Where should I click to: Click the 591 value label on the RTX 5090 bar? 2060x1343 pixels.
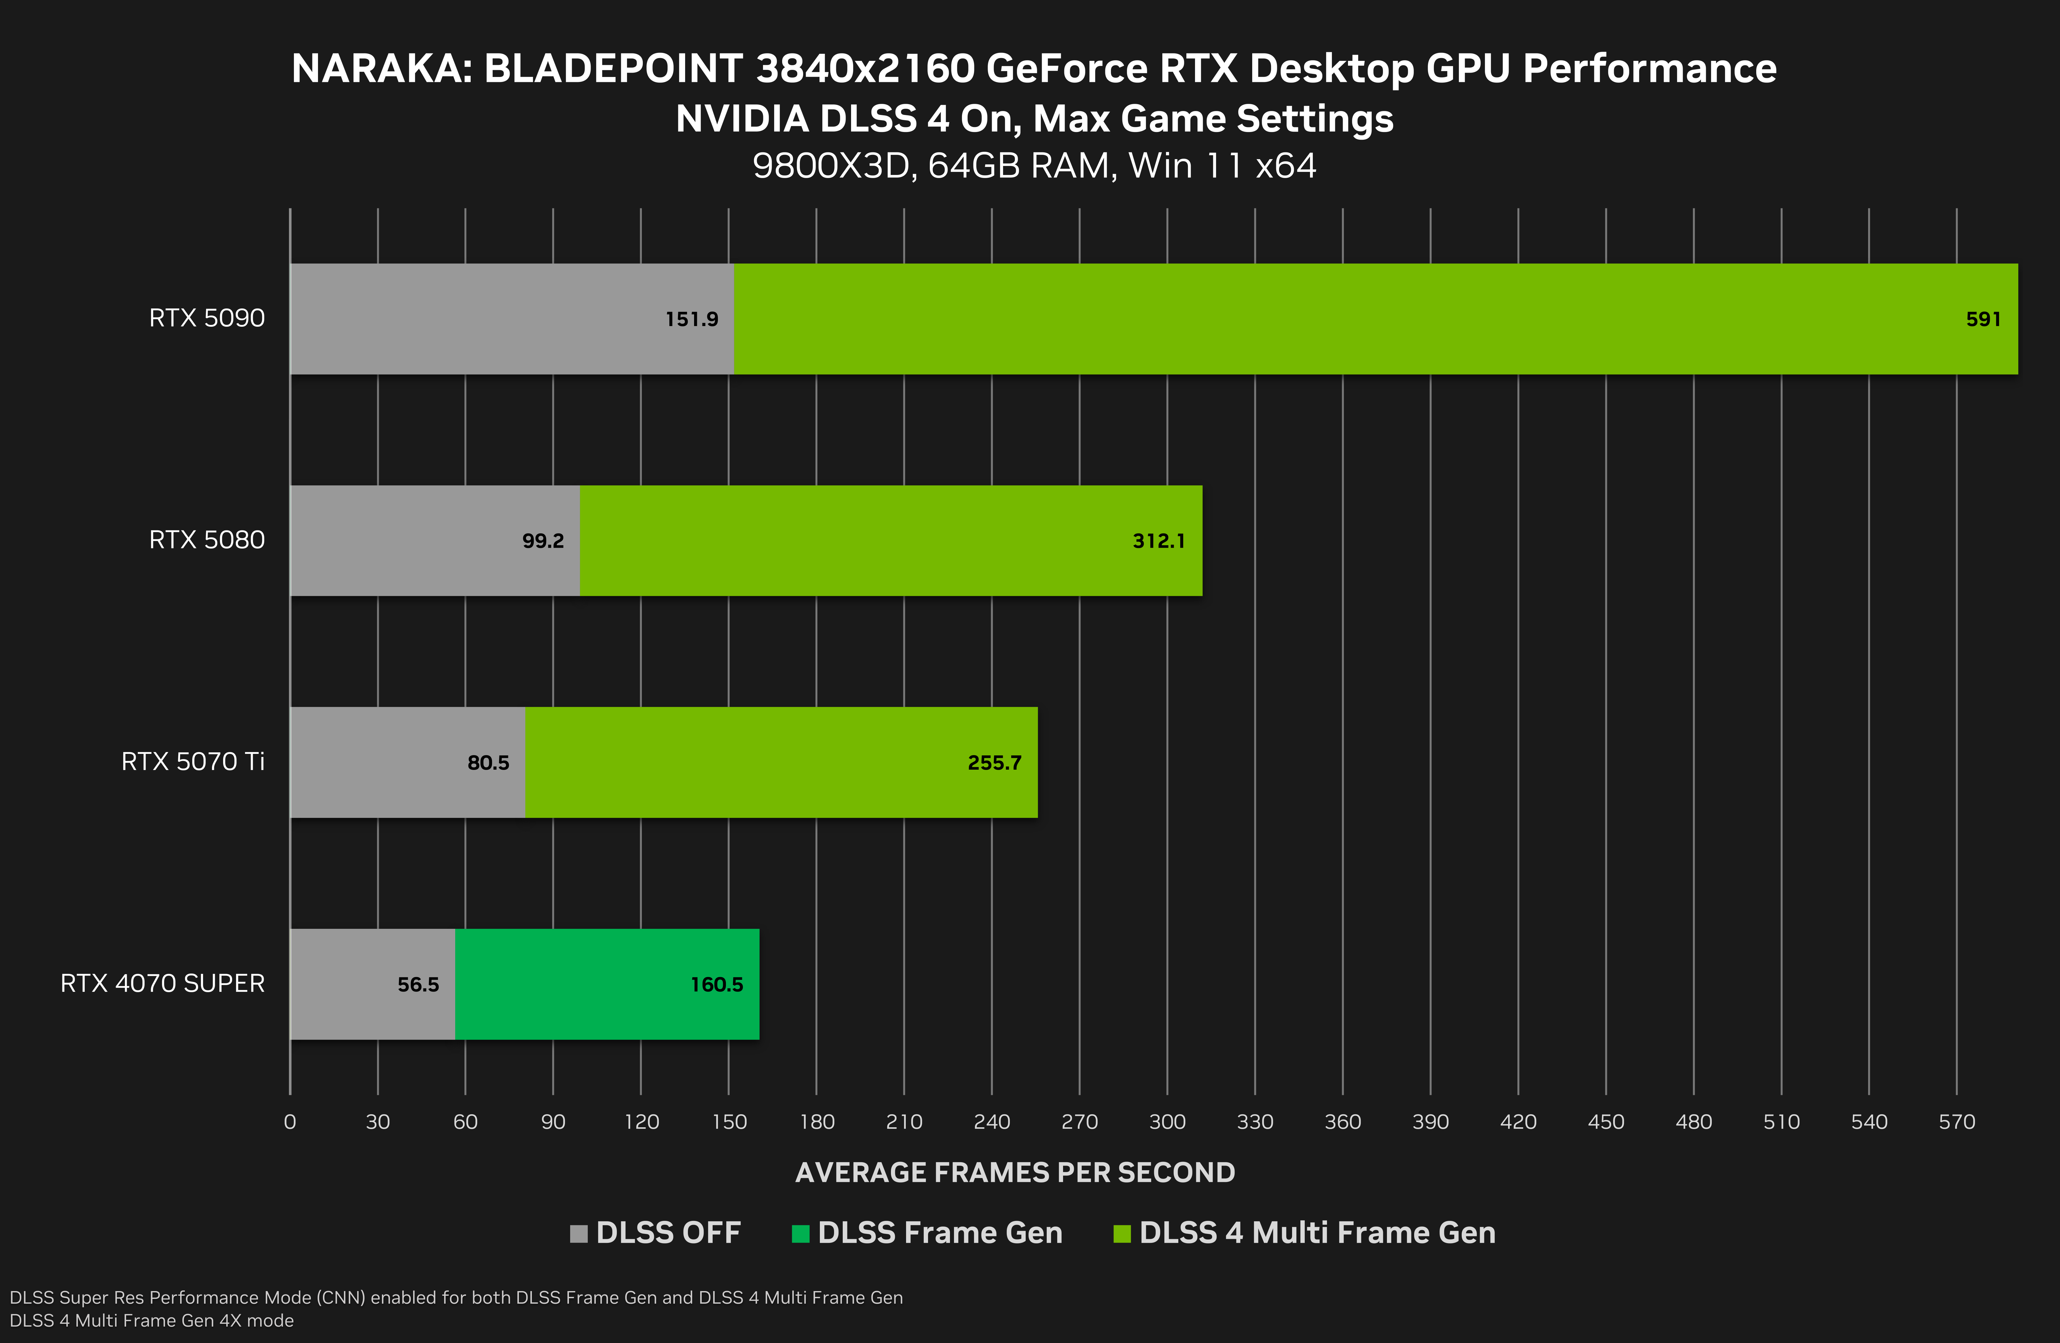[x=1983, y=320]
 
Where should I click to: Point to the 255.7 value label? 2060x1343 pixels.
[x=994, y=763]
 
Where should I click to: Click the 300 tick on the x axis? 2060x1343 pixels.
[x=1167, y=1122]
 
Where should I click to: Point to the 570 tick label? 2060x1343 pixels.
[x=1956, y=1122]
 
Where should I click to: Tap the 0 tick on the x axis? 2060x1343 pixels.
[x=290, y=1122]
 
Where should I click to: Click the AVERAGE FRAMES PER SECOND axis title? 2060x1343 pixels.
[x=1015, y=1172]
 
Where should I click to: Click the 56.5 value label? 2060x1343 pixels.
[x=418, y=984]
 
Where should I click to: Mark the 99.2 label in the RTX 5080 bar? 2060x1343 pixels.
[x=543, y=541]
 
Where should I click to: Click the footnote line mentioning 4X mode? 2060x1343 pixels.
[x=151, y=1320]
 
